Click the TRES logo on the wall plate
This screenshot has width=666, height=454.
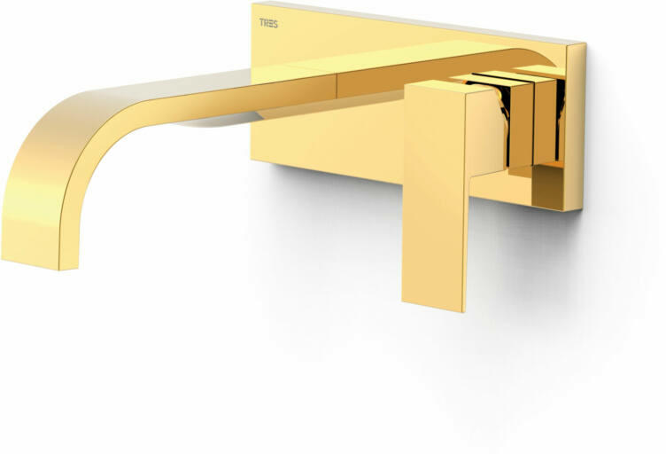click(268, 23)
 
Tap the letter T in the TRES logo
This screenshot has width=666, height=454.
click(261, 23)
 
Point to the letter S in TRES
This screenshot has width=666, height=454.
click(275, 24)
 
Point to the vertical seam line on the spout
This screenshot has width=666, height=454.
click(337, 85)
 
